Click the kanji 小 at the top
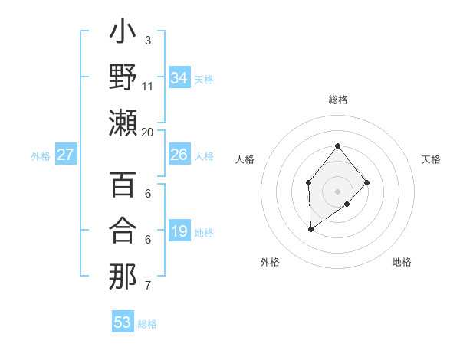123,34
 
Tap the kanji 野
123,78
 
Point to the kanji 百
123,186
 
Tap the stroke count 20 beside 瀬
147,132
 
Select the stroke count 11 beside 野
147,87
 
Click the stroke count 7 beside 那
147,286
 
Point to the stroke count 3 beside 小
147,40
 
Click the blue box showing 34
179,78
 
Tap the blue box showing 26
179,155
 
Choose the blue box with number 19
179,231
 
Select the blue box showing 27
66,155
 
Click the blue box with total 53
123,322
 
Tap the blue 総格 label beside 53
147,324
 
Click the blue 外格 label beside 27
41,156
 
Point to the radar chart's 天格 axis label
431,159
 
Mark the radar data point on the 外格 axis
310,229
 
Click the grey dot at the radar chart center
337,191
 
